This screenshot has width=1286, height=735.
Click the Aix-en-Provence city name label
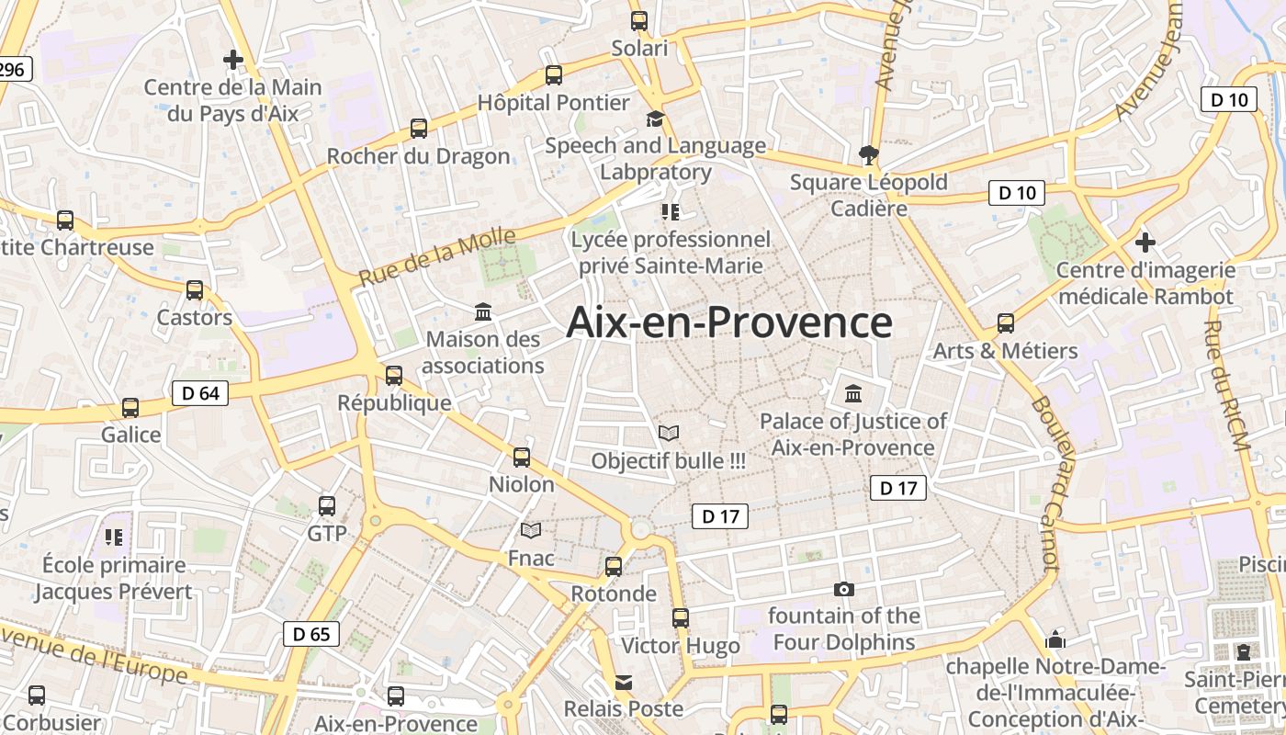click(729, 322)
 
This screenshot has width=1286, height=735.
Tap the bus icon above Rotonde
click(614, 567)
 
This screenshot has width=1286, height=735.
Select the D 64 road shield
click(200, 393)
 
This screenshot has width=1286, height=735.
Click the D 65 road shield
click(311, 634)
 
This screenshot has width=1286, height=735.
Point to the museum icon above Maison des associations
click(483, 311)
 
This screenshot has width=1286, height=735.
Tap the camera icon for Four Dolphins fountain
click(843, 589)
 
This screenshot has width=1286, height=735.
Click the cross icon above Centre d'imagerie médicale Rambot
click(1145, 243)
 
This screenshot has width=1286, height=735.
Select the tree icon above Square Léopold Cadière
click(867, 154)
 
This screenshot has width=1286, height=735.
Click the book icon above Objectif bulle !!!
click(669, 433)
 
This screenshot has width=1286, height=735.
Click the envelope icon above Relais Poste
click(624, 682)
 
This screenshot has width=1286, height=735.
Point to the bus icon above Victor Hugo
click(681, 618)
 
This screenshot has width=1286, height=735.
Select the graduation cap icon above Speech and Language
click(655, 119)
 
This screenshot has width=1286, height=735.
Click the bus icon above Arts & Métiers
click(1006, 323)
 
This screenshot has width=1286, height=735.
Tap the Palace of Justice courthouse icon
click(853, 394)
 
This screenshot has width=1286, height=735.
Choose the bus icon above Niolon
click(522, 457)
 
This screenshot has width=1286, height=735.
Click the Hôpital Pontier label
click(553, 102)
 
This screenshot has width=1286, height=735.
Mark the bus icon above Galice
click(130, 407)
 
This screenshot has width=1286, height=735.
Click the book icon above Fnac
click(531, 530)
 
